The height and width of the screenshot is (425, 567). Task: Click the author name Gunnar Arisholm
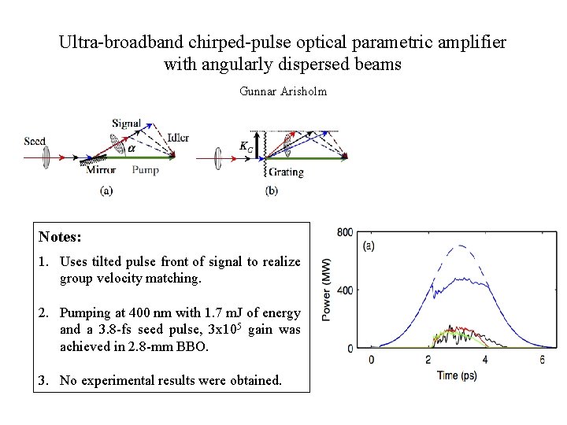click(283, 91)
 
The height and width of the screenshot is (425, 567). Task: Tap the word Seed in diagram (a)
click(35, 142)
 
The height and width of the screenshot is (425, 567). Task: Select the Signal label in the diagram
click(126, 124)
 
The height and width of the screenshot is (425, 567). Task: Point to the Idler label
click(177, 138)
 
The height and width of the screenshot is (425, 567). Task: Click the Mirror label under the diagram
click(101, 170)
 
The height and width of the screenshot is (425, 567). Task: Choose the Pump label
click(145, 169)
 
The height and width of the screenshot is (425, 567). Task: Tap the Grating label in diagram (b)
click(285, 172)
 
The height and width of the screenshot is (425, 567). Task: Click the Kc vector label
click(246, 146)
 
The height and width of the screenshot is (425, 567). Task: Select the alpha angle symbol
click(132, 146)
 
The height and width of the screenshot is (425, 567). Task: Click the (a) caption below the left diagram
click(106, 190)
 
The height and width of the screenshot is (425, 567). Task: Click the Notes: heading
click(60, 236)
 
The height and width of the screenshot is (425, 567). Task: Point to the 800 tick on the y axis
click(345, 233)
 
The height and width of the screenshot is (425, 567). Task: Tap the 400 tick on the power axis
click(345, 290)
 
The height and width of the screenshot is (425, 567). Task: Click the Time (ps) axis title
click(457, 375)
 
